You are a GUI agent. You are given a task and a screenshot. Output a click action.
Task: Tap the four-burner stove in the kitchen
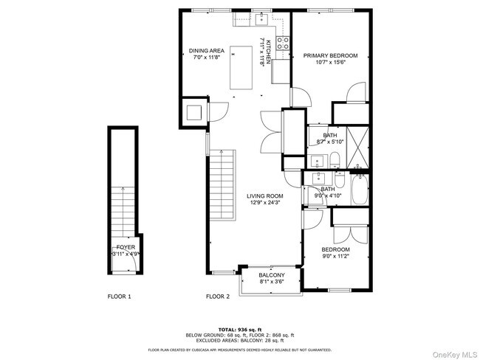(x=281, y=41)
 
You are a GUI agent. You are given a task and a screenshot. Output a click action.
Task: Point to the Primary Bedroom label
(x=330, y=56)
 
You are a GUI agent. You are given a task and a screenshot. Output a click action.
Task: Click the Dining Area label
(x=207, y=51)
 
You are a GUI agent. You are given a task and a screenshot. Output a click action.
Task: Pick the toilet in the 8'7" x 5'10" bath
(x=333, y=158)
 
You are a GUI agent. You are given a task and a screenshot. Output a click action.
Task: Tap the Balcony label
(x=272, y=275)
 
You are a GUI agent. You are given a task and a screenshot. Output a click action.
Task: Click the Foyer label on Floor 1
(x=126, y=247)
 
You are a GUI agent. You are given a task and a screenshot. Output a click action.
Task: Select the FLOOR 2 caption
(x=218, y=297)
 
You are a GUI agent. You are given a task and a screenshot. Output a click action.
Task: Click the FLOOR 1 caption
(x=119, y=297)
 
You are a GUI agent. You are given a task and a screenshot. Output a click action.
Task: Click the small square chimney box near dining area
(x=194, y=113)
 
